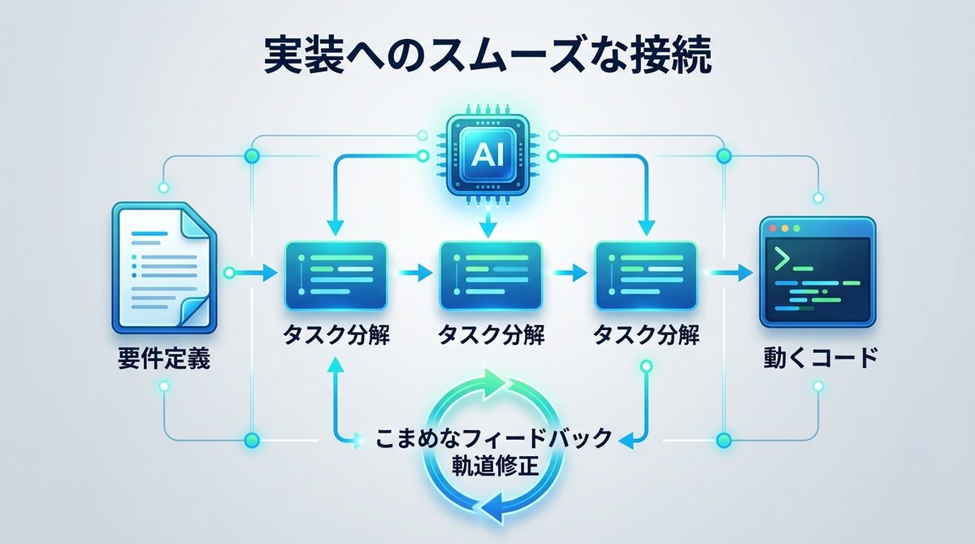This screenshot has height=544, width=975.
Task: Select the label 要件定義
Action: point(163,359)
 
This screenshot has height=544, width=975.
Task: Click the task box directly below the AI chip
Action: point(490,275)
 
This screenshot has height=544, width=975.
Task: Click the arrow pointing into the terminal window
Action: point(731,274)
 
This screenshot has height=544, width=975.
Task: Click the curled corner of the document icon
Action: point(196,314)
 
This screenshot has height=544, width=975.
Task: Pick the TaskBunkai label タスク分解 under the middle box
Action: point(491,334)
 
